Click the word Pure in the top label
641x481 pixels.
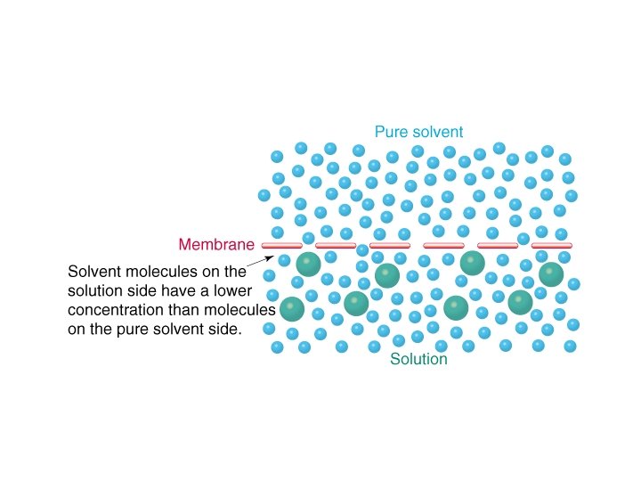[389, 132]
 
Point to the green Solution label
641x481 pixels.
[419, 361]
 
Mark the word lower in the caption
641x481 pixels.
[232, 290]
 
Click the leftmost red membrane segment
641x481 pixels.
[281, 245]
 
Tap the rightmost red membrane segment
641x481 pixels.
[551, 245]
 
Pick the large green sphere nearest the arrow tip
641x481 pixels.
[308, 263]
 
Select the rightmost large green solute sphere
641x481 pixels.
[551, 273]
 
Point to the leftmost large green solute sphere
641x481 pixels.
[291, 309]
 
